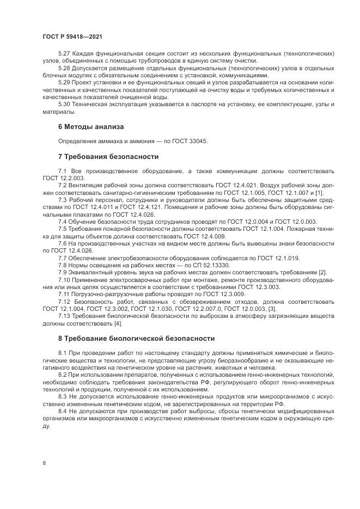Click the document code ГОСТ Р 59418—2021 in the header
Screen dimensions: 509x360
click(x=72, y=36)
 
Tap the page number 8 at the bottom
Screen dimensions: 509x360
click(x=44, y=463)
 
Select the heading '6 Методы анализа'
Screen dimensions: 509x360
click(x=90, y=126)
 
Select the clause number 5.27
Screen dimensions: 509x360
click(x=64, y=55)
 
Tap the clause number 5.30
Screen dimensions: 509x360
click(x=64, y=104)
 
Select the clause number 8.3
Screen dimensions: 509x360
click(x=64, y=397)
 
